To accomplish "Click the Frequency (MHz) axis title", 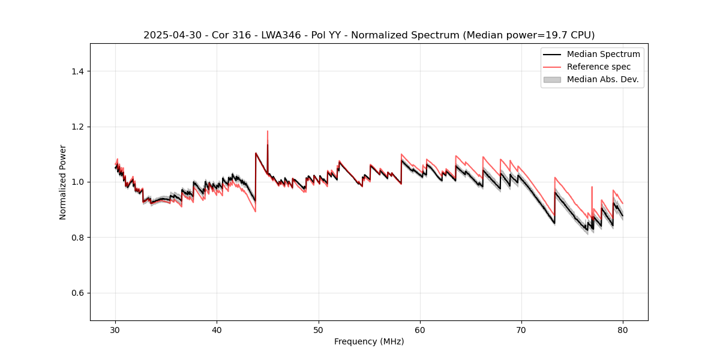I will point(369,341).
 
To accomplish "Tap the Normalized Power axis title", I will point(63,182).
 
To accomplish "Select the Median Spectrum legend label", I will point(603,54).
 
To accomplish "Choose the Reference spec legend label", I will point(599,67).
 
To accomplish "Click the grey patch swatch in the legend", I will point(552,79).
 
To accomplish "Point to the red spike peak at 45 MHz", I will point(268,131).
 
